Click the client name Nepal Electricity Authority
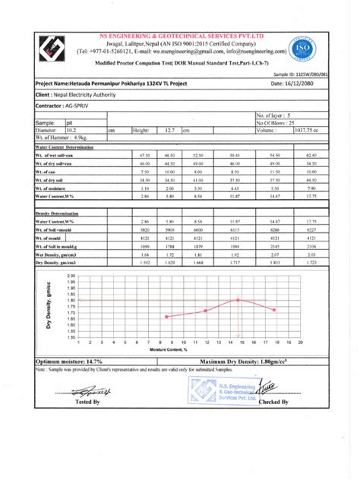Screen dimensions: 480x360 (x=85, y=96)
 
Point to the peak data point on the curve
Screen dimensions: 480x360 (x=239, y=300)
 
